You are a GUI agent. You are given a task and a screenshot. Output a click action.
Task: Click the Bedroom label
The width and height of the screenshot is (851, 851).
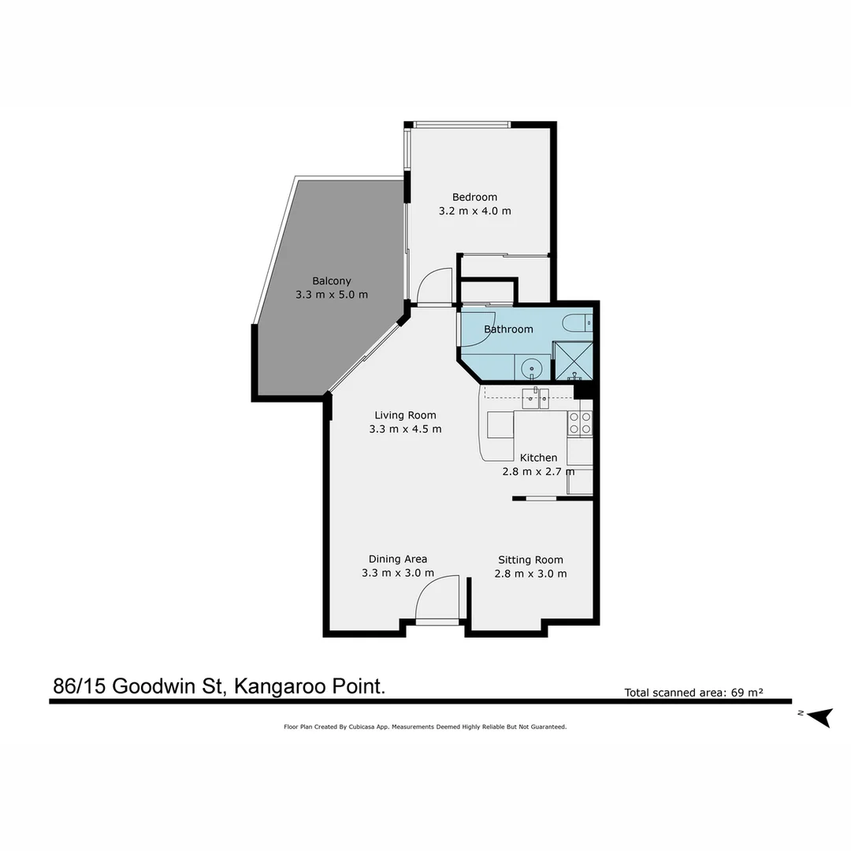474,197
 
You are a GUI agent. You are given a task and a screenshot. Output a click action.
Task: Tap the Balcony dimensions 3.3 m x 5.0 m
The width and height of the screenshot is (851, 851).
332,295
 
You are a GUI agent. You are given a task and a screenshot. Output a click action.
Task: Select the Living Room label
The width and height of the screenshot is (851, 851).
405,415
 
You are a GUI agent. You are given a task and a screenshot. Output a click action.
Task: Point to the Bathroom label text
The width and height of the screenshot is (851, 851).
508,329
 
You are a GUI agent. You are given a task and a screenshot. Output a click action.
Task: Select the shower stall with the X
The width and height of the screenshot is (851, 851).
572,361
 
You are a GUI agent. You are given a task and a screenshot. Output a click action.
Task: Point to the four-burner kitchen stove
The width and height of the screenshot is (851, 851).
580,423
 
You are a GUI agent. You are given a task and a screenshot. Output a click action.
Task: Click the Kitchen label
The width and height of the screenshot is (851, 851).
538,458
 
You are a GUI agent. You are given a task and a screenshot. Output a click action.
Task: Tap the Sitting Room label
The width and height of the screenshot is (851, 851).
530,560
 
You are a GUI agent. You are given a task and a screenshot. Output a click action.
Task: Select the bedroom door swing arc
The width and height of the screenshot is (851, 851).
434,286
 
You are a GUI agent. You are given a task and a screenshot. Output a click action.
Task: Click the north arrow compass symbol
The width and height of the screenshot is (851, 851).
819,716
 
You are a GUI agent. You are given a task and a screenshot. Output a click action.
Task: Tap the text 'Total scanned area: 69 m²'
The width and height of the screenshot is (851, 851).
694,693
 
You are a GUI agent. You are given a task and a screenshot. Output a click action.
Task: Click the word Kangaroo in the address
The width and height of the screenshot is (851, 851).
277,686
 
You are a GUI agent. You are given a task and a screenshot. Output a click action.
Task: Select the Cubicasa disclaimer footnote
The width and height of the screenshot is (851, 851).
425,727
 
